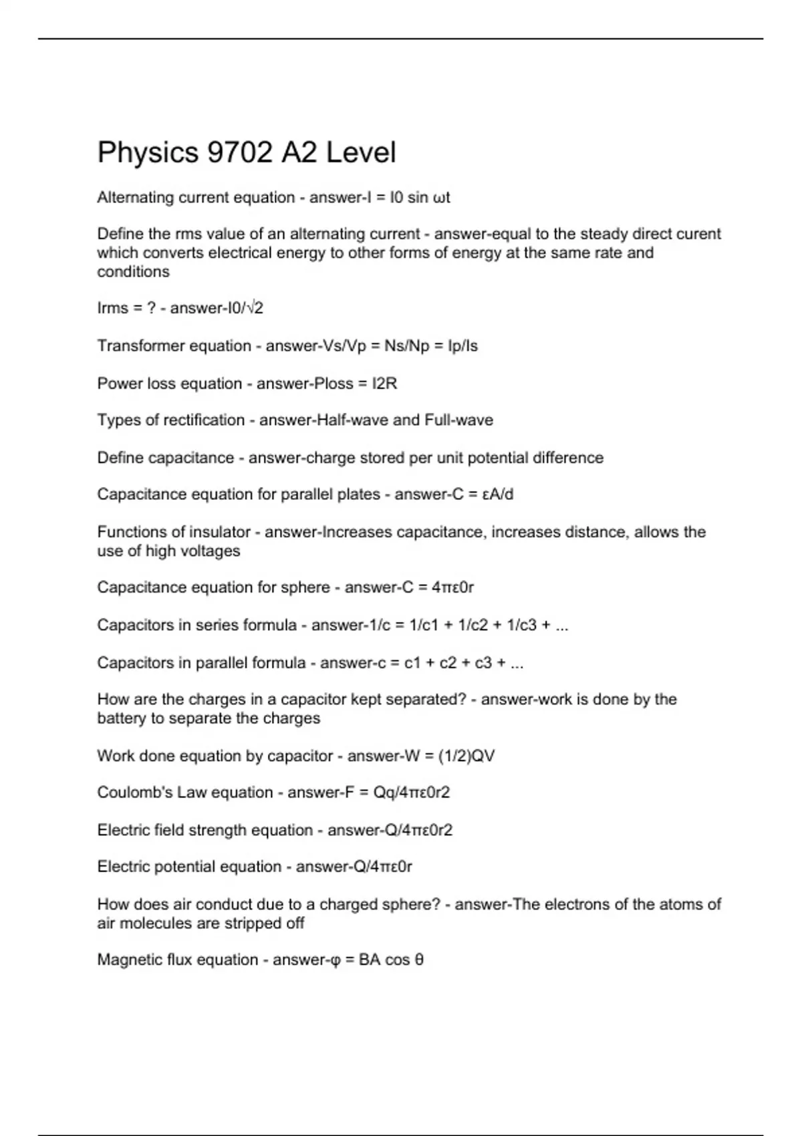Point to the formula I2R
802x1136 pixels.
tap(384, 384)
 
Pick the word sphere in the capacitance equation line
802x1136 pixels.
tap(307, 587)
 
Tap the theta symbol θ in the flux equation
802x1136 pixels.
tap(419, 960)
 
